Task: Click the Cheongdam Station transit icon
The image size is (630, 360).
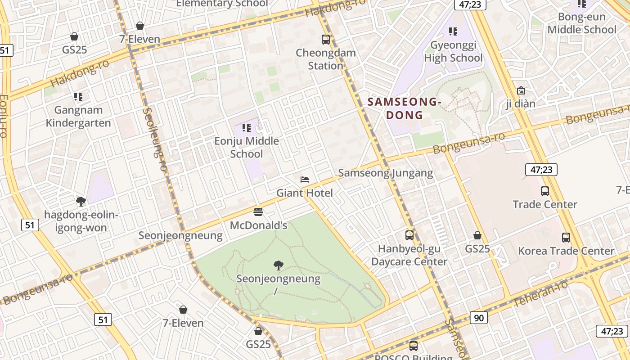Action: tap(326, 40)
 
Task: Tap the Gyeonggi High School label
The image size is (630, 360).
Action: tap(453, 51)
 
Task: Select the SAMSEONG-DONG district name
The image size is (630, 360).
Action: tap(405, 108)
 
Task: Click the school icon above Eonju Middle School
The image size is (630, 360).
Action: tap(246, 128)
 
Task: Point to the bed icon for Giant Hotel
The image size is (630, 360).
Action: tap(305, 180)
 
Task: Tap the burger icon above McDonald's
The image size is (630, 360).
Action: tap(258, 211)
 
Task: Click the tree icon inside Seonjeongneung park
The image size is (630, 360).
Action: tap(279, 265)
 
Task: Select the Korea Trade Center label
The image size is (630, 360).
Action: tap(566, 251)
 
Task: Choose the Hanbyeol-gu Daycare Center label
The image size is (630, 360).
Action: tap(409, 255)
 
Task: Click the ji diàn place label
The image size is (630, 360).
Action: tap(521, 104)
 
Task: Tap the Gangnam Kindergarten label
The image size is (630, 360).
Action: tap(78, 117)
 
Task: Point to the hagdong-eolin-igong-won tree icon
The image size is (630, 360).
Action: tap(81, 201)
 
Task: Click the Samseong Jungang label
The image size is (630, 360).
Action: tap(385, 173)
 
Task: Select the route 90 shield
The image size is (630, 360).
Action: tap(478, 318)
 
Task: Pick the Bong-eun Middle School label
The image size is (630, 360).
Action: tap(581, 23)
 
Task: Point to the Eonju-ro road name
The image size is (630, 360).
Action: tap(4, 116)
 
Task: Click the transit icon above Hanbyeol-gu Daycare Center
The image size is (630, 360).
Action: tap(409, 235)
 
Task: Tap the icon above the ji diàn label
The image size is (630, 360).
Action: tap(521, 90)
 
